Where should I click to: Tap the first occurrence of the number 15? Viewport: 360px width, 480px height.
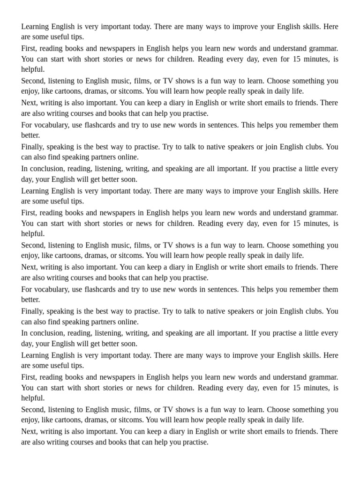(297, 59)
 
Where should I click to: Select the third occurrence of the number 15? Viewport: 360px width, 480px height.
(297, 388)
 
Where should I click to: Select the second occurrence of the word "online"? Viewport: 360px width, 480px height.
(126, 322)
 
